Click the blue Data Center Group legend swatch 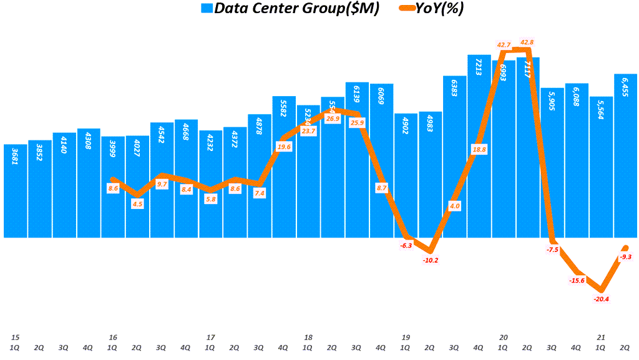point(206,9)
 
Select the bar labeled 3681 point(15,190)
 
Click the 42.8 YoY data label point(527,42)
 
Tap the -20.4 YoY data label point(602,299)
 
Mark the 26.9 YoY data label point(333,118)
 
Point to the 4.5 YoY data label point(137,203)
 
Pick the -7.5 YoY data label point(552,250)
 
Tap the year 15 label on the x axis point(14,338)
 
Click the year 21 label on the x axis point(602,338)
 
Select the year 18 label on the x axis point(308,338)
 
